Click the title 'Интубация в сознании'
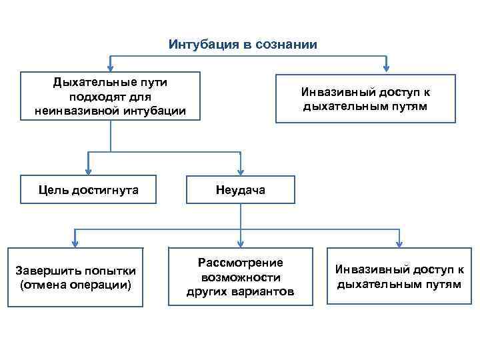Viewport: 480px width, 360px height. click(243, 45)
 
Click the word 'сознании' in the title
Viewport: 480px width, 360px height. click(287, 45)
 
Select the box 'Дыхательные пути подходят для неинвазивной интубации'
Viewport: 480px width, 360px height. click(111, 97)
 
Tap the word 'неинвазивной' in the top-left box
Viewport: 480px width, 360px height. click(74, 111)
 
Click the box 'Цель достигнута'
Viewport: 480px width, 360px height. click(89, 190)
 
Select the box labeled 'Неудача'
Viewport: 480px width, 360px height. click(240, 190)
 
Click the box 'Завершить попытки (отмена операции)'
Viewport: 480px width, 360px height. click(76, 277)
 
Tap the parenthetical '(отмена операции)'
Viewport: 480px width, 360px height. click(76, 285)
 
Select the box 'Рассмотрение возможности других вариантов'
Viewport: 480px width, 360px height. click(240, 277)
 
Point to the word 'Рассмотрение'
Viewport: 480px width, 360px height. click(240, 263)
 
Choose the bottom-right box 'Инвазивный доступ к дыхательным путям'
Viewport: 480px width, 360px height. click(399, 276)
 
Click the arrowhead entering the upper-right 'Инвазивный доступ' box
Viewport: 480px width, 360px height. click(387, 67)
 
